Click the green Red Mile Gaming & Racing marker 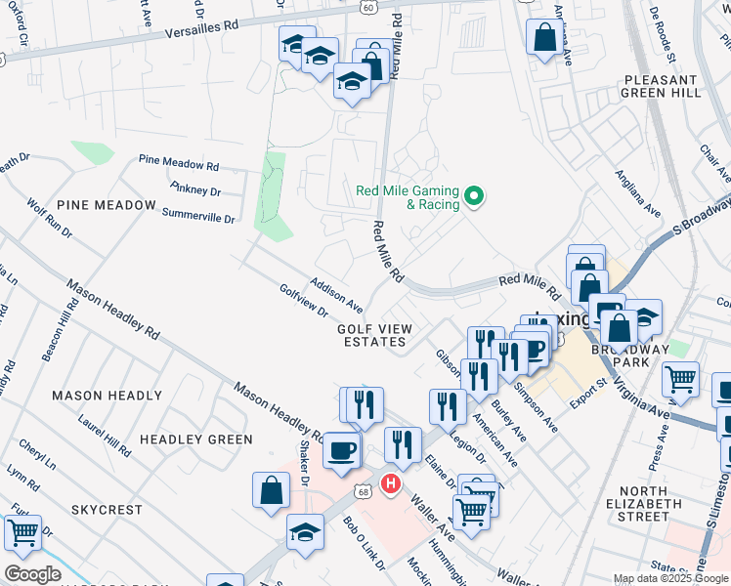click(474, 198)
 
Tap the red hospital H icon click(391, 482)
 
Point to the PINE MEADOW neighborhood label click(107, 205)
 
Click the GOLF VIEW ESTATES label click(371, 336)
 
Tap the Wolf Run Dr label click(49, 222)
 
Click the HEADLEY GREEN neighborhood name click(195, 439)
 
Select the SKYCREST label click(107, 510)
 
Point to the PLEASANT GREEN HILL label click(661, 86)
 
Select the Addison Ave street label click(336, 294)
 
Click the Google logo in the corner click(31, 573)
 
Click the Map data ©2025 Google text click(670, 578)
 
